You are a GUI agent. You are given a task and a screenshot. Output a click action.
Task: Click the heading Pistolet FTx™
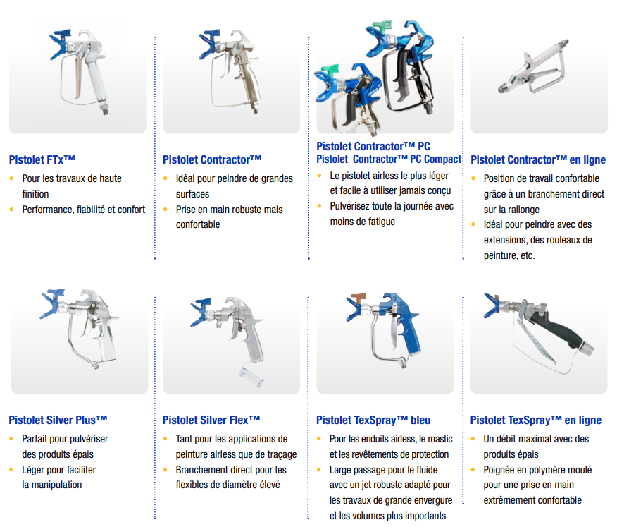[42, 159]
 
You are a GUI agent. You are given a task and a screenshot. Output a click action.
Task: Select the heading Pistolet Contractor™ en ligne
[538, 159]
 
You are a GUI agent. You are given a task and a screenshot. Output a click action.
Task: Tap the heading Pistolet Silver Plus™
[58, 420]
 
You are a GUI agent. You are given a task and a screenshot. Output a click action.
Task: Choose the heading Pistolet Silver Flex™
[211, 420]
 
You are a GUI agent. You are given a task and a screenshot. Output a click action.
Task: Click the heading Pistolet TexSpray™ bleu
[373, 420]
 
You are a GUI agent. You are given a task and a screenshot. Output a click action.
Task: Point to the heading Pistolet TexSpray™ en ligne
[536, 420]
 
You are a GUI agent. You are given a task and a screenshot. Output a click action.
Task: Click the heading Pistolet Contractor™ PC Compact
[389, 159]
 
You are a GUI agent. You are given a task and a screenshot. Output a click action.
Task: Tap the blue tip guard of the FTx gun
[60, 44]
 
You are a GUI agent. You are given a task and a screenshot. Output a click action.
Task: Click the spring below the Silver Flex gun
[251, 375]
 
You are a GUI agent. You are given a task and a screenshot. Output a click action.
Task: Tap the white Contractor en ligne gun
[534, 67]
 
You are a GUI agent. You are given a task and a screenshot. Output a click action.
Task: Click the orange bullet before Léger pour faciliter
[11, 470]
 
